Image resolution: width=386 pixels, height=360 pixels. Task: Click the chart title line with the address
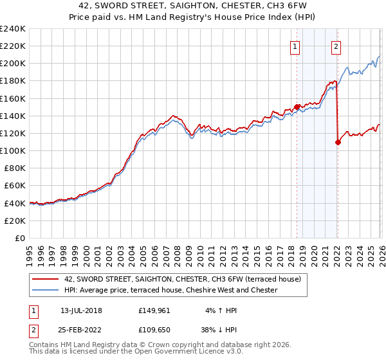193,6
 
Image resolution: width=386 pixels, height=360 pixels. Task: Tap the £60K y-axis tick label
15,185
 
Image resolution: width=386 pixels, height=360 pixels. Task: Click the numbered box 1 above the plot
295,46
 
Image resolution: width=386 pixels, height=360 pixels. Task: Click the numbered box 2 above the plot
336,46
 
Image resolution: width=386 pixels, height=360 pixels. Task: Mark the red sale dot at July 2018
297,107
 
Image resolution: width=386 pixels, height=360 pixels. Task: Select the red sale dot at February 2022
338,142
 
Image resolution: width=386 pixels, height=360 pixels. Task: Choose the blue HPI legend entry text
170,290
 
